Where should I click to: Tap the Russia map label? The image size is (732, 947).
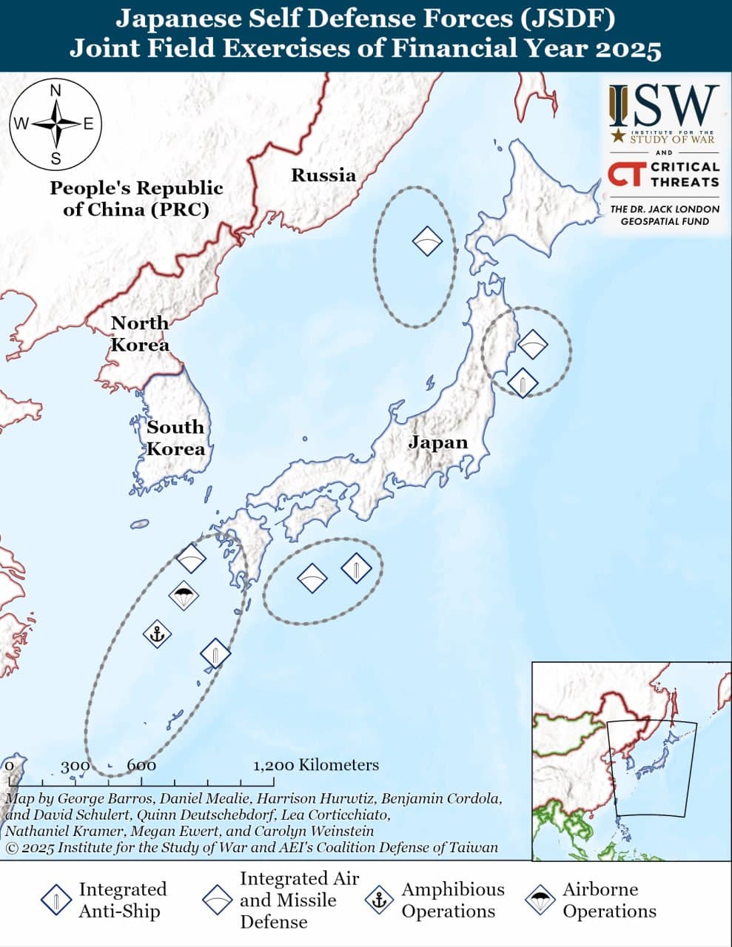click(x=323, y=175)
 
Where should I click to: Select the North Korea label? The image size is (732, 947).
click(x=140, y=334)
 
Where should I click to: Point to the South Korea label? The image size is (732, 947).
click(x=175, y=438)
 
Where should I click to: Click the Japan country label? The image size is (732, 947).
click(x=438, y=442)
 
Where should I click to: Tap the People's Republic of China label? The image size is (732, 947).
click(x=136, y=198)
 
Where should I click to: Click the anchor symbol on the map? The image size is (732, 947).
click(x=157, y=633)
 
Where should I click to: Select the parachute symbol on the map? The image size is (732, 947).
click(x=184, y=595)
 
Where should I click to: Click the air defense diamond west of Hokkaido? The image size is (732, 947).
click(x=427, y=240)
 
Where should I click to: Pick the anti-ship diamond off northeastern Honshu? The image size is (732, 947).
click(x=523, y=382)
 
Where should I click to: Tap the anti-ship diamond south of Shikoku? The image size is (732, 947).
click(x=356, y=568)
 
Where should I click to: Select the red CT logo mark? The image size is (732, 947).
click(x=625, y=175)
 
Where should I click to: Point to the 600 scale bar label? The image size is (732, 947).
click(x=141, y=766)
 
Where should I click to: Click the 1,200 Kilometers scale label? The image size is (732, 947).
click(x=316, y=765)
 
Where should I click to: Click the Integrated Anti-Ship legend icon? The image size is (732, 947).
click(x=56, y=900)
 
